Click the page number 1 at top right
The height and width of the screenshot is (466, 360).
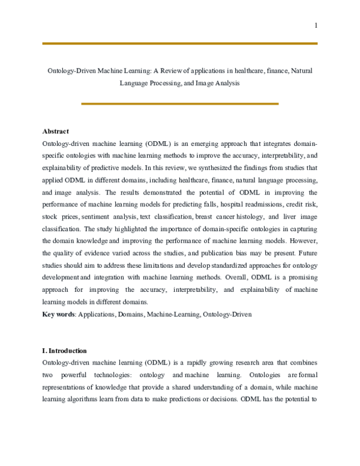coord(316,25)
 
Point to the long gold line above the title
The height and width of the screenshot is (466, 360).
coord(180,43)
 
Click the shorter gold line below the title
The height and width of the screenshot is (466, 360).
coord(179,104)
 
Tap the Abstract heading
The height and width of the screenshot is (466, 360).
coord(56,131)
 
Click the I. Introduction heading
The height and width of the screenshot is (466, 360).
coord(65,351)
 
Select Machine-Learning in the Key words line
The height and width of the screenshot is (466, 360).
coord(174,314)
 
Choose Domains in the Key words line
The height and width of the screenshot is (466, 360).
coord(132,314)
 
